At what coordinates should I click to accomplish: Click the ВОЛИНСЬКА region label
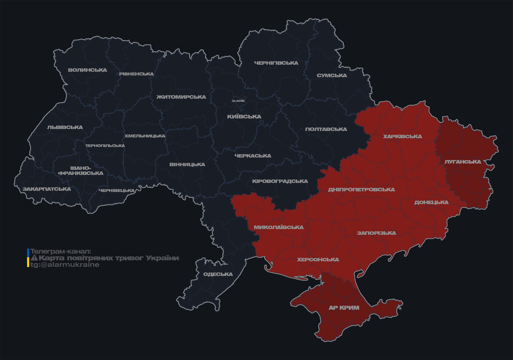(87, 70)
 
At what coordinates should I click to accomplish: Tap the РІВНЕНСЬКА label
(136, 74)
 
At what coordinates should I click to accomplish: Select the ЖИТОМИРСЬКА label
(181, 97)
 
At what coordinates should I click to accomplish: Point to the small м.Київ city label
(238, 101)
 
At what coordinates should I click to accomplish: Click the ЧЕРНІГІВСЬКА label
(276, 63)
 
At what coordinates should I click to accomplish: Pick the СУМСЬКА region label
(332, 75)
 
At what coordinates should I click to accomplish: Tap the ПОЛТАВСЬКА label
(326, 129)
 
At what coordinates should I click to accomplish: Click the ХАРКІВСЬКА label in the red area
(402, 136)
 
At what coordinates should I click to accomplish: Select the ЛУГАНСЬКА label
(463, 162)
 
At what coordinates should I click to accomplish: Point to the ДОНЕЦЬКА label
(431, 202)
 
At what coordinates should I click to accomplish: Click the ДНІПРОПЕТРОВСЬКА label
(361, 190)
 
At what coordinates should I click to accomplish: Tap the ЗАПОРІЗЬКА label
(376, 233)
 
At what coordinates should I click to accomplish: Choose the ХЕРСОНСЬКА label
(318, 260)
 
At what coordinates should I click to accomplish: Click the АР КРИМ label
(344, 308)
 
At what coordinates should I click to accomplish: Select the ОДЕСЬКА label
(218, 274)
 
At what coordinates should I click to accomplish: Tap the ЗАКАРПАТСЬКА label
(47, 189)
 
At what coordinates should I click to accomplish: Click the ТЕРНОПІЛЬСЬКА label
(105, 146)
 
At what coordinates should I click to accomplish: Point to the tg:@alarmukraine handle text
(65, 265)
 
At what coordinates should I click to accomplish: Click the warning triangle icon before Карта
(34, 258)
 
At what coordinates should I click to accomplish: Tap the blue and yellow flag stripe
(28, 258)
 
